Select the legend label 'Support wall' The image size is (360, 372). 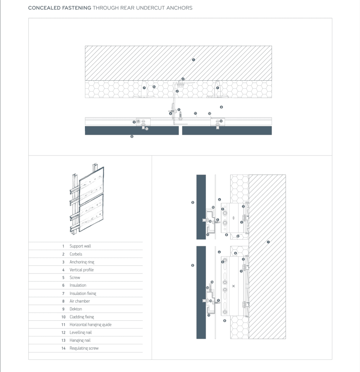click(80, 246)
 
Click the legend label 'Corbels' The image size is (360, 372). click(76, 254)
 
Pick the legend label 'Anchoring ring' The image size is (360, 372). click(82, 262)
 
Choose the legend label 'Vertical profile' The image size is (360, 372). click(82, 270)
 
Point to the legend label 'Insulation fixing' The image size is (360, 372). click(83, 293)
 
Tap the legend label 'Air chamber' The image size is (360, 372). click(79, 301)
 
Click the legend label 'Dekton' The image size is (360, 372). click(76, 309)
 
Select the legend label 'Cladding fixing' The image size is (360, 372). click(82, 317)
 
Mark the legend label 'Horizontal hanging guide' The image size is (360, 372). click(90, 325)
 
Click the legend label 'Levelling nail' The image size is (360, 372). click(80, 332)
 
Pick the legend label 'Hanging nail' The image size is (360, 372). click(80, 340)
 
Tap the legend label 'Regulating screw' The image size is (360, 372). click(84, 348)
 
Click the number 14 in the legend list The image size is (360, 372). click(63, 348)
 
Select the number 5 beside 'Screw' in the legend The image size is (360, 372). click(63, 278)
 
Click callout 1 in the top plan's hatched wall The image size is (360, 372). click(193, 60)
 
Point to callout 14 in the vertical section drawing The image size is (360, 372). click(212, 282)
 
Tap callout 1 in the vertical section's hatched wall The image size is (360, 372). click(268, 242)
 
